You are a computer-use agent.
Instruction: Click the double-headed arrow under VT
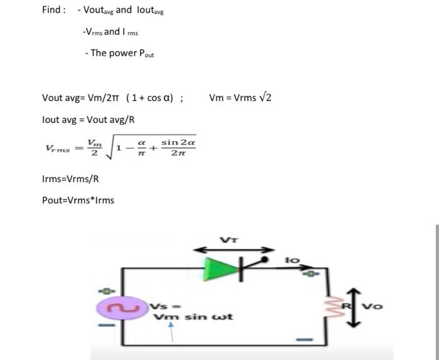233,250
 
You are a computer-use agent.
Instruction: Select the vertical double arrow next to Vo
358,307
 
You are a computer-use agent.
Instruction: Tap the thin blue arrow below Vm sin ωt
169,332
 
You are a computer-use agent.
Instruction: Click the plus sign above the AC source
107,290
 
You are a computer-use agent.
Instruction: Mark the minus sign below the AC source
108,326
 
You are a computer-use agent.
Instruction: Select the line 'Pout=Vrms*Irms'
78,200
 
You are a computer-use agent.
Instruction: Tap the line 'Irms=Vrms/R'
70,179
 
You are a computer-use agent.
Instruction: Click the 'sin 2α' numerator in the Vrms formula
178,142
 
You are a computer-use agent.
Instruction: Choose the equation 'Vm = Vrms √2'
240,97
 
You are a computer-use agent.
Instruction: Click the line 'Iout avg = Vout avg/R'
88,119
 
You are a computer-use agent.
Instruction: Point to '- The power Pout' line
119,53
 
